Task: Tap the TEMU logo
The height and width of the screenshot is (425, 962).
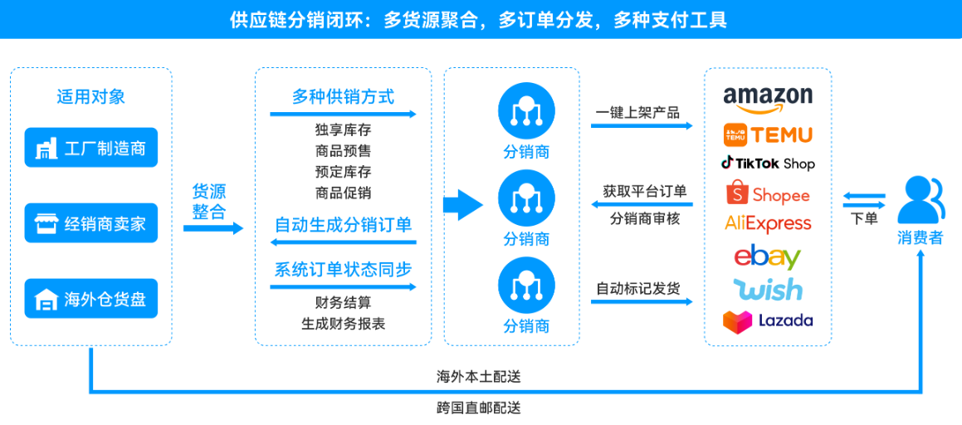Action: pyautogui.click(x=769, y=134)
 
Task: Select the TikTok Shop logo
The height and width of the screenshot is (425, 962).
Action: pyautogui.click(x=768, y=164)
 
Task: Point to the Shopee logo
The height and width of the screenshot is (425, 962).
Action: pyautogui.click(x=768, y=194)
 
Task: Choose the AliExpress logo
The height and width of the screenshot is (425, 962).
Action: pyautogui.click(x=768, y=223)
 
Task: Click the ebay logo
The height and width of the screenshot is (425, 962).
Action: pyautogui.click(x=767, y=256)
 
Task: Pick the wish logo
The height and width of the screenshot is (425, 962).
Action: pyautogui.click(x=768, y=289)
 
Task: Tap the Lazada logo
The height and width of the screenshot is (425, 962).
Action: pyautogui.click(x=768, y=320)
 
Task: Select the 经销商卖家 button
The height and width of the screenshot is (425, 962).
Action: pyautogui.click(x=91, y=222)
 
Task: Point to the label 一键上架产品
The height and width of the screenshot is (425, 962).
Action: pyautogui.click(x=637, y=112)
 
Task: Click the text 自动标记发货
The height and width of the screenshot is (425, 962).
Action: pyautogui.click(x=637, y=288)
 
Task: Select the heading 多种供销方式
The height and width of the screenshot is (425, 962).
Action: pyautogui.click(x=343, y=96)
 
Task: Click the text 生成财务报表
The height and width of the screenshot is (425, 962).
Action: pyautogui.click(x=343, y=324)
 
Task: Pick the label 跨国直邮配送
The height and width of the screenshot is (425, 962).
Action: pyautogui.click(x=479, y=408)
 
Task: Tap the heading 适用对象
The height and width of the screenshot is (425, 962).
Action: pyautogui.click(x=91, y=96)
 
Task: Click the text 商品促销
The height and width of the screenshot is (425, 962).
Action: pyautogui.click(x=343, y=193)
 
